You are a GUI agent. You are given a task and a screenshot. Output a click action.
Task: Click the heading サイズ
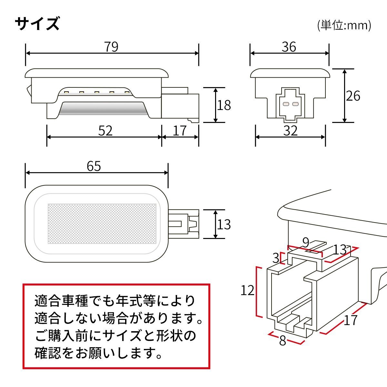pos(37,24)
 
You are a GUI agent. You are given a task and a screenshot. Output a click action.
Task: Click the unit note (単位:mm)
pos(344,25)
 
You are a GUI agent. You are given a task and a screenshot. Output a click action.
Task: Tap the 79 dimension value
pos(111,47)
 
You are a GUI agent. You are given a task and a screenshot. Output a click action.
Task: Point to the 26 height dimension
pos(353,96)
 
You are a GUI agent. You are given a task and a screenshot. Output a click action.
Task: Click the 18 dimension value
pos(224,105)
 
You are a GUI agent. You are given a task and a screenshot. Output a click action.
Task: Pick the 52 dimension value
pos(105,131)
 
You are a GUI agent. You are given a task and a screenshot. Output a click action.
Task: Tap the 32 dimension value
pos(290,131)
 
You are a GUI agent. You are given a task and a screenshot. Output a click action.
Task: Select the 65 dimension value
pos(94,166)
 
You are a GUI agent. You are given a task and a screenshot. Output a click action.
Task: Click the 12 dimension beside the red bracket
pos(247,291)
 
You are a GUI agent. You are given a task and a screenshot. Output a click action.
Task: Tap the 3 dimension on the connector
pos(276,258)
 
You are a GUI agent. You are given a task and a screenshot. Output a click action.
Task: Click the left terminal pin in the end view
pos(285,104)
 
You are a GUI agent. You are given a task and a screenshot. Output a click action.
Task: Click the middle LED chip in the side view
pos(96,93)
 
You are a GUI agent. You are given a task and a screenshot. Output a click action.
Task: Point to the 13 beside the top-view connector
pos(224,224)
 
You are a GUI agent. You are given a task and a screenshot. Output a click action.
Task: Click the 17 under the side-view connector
pos(180,131)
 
